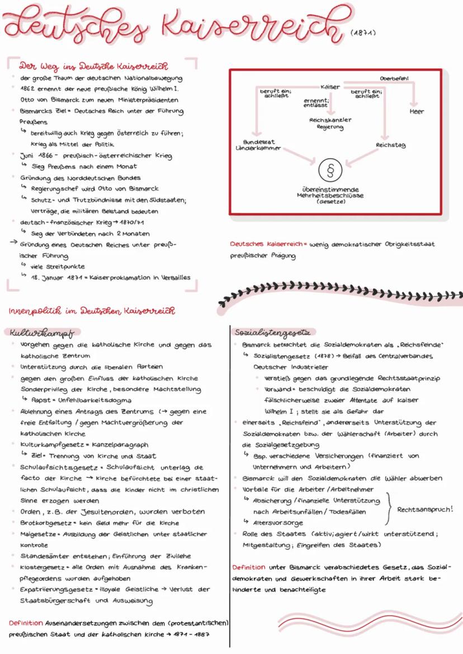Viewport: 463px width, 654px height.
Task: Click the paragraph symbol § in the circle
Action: point(329,168)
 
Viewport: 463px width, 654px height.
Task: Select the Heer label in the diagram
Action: point(417,111)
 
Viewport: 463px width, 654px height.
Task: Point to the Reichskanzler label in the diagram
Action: point(330,120)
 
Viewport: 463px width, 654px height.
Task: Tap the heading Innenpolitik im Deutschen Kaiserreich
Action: point(91,310)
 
